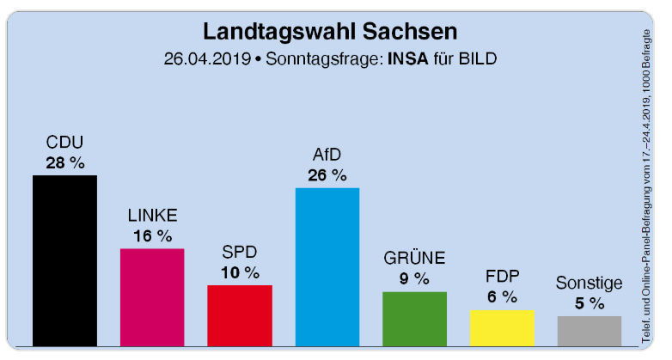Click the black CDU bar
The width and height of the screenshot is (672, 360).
pyautogui.click(x=64, y=259)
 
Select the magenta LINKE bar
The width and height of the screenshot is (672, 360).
pyautogui.click(x=152, y=296)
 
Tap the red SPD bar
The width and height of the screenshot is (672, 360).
pyautogui.click(x=240, y=314)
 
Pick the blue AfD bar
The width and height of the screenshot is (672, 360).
pyautogui.click(x=327, y=266)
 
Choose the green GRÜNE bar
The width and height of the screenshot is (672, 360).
pyautogui.click(x=414, y=318)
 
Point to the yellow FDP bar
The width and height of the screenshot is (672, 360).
pyautogui.click(x=502, y=327)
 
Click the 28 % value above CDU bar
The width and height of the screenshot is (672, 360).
pyautogui.click(x=64, y=162)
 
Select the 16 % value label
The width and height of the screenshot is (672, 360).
pyautogui.click(x=152, y=235)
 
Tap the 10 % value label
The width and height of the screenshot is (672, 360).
pyautogui.click(x=240, y=272)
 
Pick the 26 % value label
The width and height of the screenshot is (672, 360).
pyautogui.click(x=327, y=175)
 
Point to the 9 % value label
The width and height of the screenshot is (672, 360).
pyautogui.click(x=414, y=278)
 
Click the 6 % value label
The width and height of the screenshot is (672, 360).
pyautogui.click(x=502, y=297)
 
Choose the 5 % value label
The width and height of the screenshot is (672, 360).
pyautogui.click(x=590, y=303)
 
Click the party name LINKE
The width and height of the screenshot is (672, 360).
pyautogui.click(x=152, y=215)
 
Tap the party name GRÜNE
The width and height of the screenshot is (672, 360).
pyautogui.click(x=414, y=258)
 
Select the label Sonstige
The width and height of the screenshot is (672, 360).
pyautogui.click(x=590, y=282)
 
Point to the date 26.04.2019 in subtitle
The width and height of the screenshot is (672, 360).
pyautogui.click(x=206, y=59)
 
